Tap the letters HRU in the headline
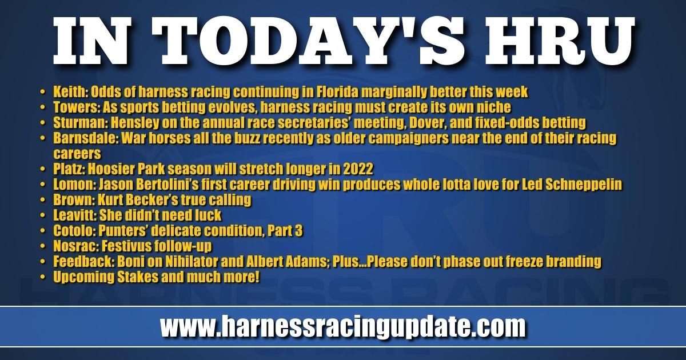(x=560, y=41)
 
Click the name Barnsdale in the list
(x=86, y=138)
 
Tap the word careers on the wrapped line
(x=77, y=154)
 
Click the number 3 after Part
(x=299, y=231)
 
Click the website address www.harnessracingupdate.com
(x=342, y=327)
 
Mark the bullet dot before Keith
(x=43, y=92)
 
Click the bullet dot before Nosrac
(x=43, y=246)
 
